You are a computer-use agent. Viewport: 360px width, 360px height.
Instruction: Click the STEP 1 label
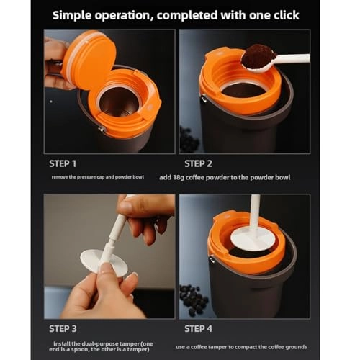point(63,163)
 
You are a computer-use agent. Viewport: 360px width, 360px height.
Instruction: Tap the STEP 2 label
point(197,163)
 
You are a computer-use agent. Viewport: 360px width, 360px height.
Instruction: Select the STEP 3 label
point(63,328)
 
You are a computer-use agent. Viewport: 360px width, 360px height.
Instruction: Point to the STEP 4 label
point(197,328)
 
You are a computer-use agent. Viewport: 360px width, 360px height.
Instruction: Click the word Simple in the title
point(80,14)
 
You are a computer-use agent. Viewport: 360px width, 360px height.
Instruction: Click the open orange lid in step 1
point(89,59)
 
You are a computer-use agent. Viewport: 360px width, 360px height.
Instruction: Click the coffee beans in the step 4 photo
point(194,299)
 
